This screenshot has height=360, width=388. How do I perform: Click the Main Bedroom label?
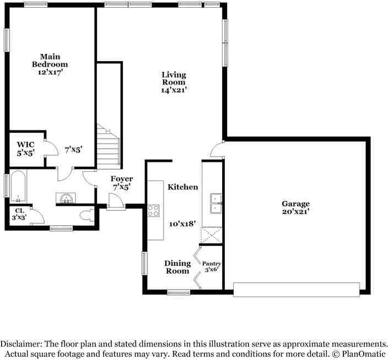click(53, 64)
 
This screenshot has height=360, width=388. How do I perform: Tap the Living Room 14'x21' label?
click(173, 82)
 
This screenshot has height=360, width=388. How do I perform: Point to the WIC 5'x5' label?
click(25, 149)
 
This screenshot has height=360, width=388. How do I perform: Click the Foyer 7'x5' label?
click(121, 183)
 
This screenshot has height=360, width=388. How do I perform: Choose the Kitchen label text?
click(183, 187)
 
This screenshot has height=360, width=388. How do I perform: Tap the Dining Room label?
click(177, 267)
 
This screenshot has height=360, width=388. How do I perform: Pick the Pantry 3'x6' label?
click(212, 267)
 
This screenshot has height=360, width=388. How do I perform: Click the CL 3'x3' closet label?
click(20, 214)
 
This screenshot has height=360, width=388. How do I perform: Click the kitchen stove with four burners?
click(153, 210)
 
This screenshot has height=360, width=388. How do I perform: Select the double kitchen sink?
click(215, 203)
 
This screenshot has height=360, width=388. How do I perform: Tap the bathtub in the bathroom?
click(18, 187)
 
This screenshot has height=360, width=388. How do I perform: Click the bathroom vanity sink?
click(67, 197)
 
